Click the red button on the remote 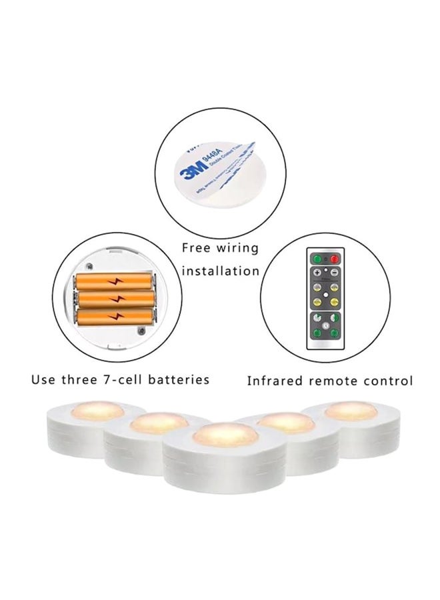(x=335, y=259)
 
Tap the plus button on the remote (x=317, y=272)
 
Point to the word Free (x=199, y=249)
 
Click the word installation (x=221, y=271)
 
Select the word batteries (x=177, y=380)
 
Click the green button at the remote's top (x=317, y=259)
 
